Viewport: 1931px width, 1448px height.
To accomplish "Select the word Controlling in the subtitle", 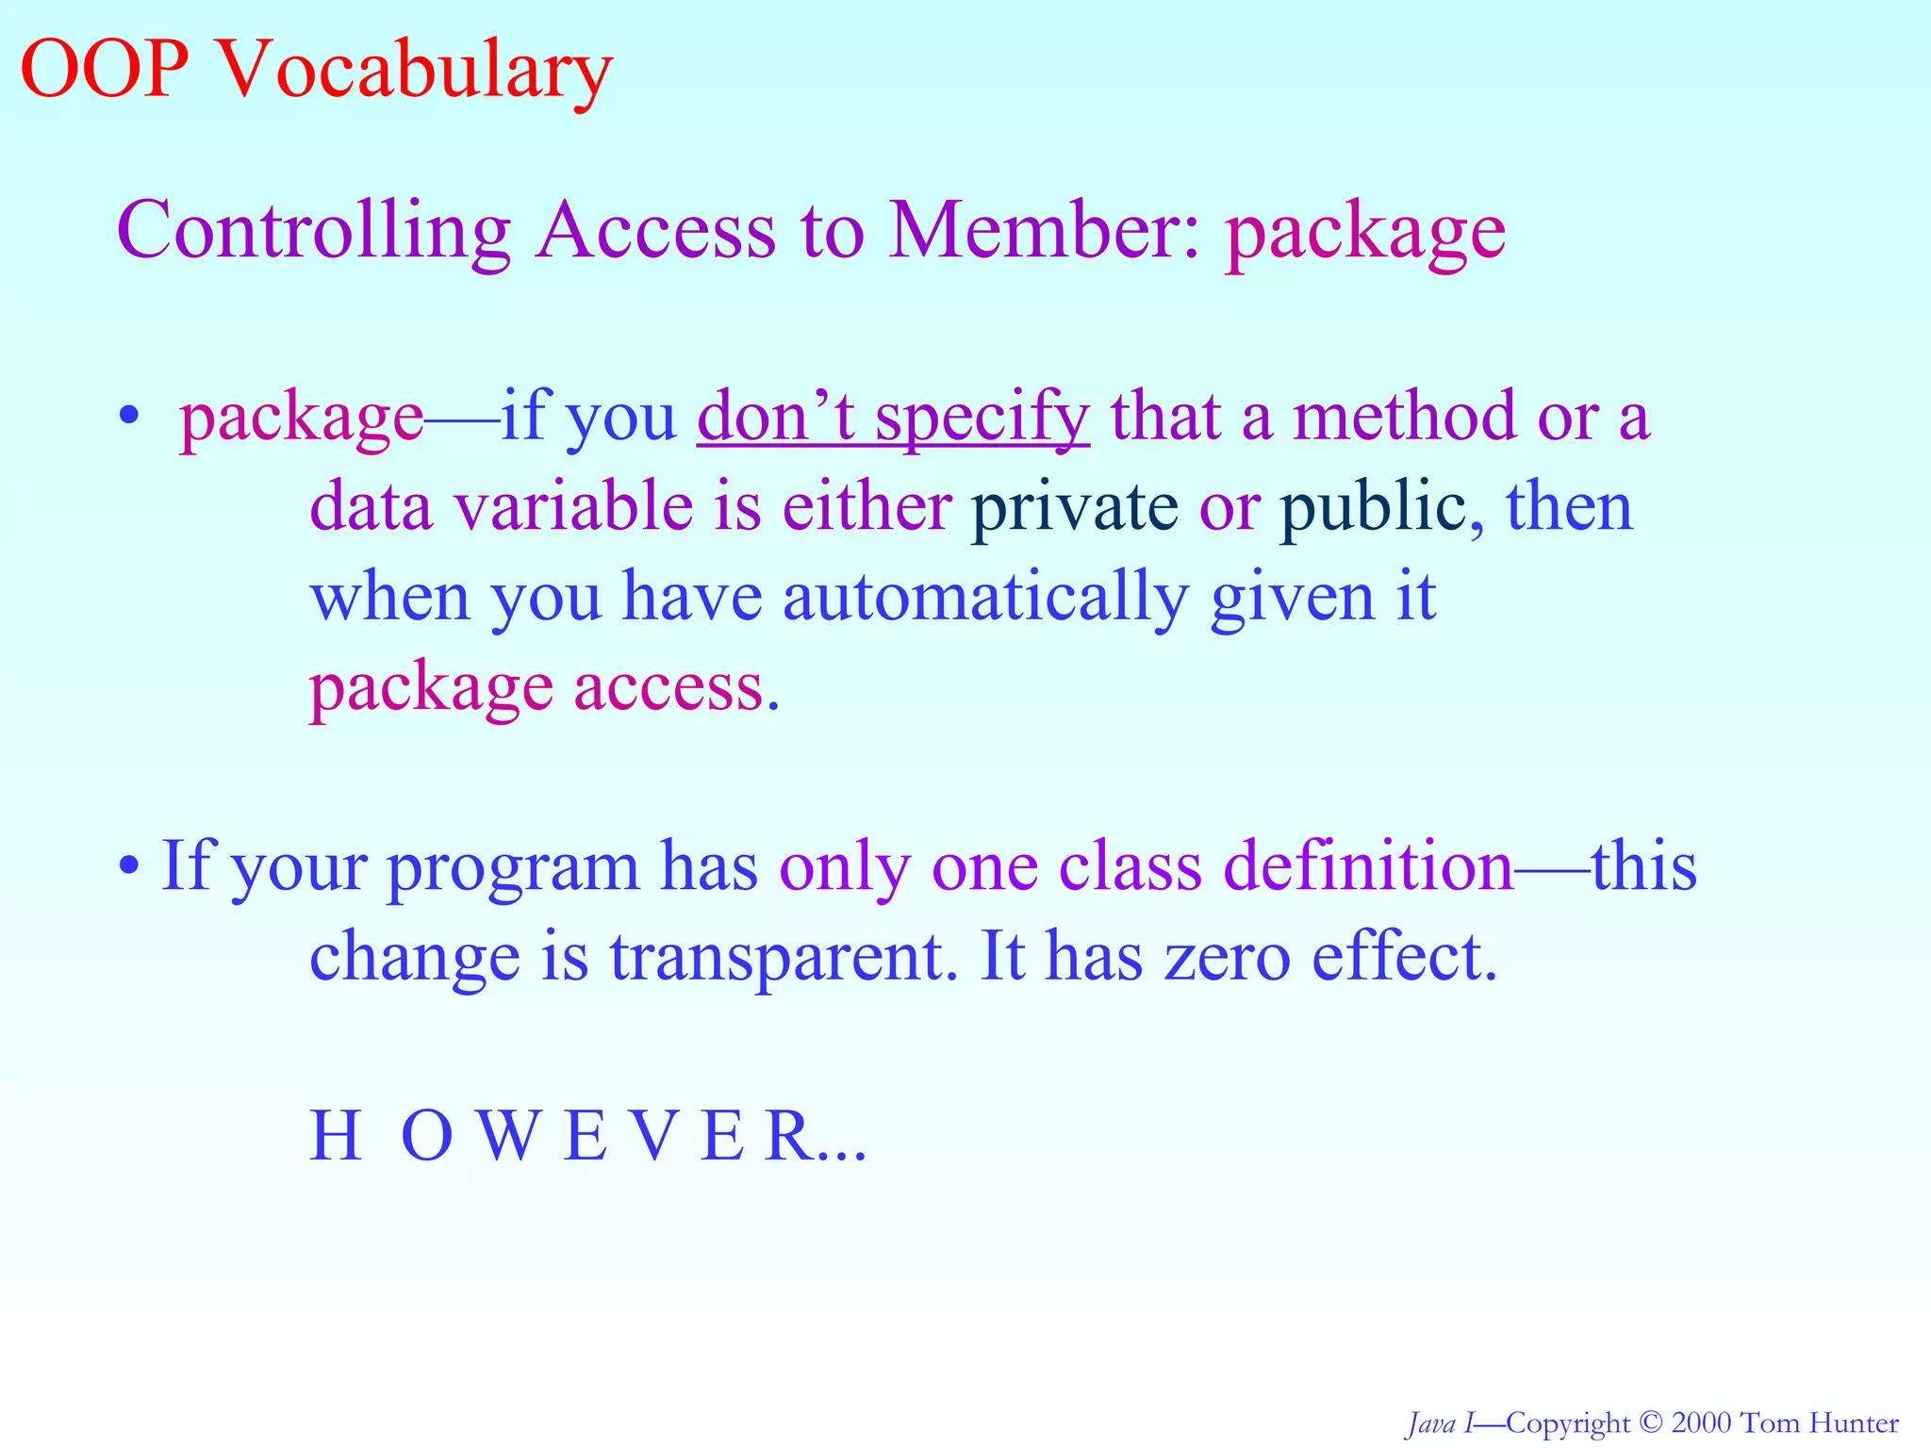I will point(313,231).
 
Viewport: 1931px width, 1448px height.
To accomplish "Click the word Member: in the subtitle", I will point(1045,231).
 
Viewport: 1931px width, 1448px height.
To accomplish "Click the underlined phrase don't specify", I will point(893,417).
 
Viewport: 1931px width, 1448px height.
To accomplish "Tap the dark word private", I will point(1074,507).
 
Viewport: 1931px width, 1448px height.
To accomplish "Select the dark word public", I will point(1372,507).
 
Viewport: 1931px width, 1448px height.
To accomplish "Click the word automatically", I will point(985,598).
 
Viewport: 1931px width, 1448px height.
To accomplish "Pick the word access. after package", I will point(677,688).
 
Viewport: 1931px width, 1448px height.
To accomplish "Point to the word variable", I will point(573,507).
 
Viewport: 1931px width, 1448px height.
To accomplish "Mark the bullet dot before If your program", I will point(129,865).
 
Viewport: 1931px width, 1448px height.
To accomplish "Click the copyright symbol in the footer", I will point(1649,1423).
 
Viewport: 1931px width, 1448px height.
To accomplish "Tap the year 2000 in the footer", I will point(1701,1423).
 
